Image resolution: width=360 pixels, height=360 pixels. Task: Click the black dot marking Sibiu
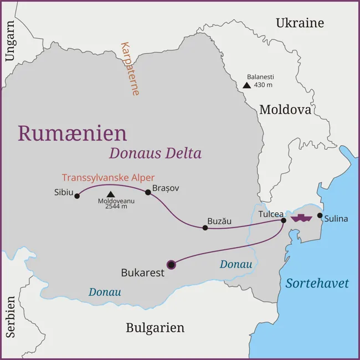pos(77,196)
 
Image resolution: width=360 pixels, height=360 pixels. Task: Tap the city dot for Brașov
pos(148,192)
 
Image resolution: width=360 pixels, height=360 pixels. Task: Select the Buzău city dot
pos(205,227)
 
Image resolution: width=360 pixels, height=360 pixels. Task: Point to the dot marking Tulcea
pos(284,220)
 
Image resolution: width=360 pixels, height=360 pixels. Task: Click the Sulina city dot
pos(320,215)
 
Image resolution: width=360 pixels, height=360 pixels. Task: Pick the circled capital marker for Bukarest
pos(172,265)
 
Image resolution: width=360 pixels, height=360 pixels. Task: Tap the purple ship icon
pos(302,217)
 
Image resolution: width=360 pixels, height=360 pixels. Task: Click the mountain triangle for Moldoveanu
pos(110,194)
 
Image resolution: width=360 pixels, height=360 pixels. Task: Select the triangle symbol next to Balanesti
pos(246,85)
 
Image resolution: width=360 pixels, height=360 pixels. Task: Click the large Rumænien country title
pos(73,133)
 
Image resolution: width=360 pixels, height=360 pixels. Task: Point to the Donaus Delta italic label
pos(155,153)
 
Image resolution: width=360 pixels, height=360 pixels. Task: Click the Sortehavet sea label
pos(317,283)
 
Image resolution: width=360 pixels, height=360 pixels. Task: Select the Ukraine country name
pos(300,23)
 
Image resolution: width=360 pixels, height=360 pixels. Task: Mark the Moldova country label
pos(285,110)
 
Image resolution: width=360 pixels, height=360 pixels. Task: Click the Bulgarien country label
pos(155,327)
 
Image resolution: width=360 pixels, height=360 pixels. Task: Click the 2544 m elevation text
pos(116,207)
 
